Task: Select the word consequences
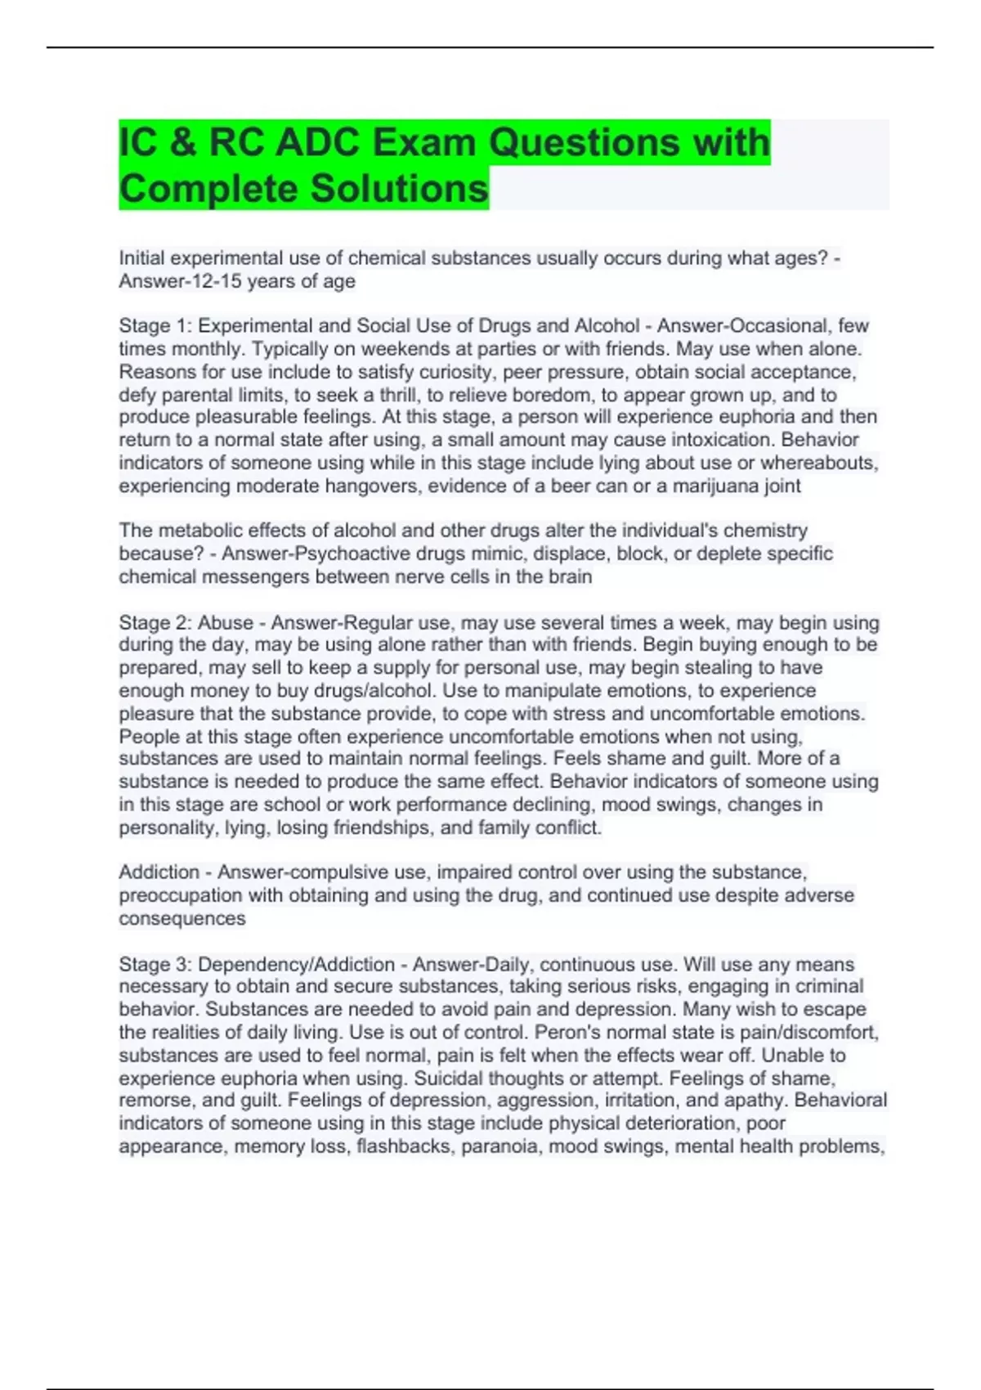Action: click(182, 918)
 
